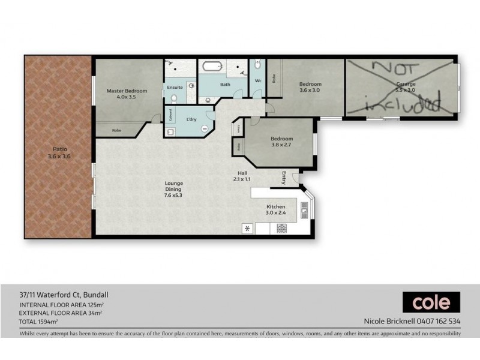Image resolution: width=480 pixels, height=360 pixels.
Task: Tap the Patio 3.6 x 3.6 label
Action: [58, 153]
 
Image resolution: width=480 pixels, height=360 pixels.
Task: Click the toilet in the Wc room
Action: [257, 65]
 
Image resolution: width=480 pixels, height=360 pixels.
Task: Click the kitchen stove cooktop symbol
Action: [281, 228]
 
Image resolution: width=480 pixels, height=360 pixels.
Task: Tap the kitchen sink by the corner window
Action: [304, 210]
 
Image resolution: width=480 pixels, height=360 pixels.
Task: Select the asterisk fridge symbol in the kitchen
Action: [247, 228]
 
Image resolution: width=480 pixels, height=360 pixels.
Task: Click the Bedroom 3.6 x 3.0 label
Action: [310, 88]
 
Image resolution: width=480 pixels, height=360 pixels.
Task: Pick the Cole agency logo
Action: [431, 302]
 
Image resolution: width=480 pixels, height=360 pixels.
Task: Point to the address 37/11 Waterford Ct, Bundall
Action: [63, 295]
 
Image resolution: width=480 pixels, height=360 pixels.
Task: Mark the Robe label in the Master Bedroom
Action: [117, 130]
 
